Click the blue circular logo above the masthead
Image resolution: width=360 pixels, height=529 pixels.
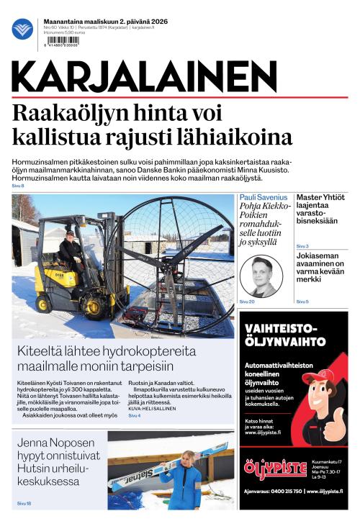pyautogui.click(x=22, y=29)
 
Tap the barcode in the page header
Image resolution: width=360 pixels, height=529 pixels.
pyautogui.click(x=62, y=40)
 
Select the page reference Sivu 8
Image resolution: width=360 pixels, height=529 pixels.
pyautogui.click(x=18, y=186)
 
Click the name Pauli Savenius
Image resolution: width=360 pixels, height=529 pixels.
pyautogui.click(x=263, y=197)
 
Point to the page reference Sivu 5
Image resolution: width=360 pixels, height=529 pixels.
pyautogui.click(x=302, y=301)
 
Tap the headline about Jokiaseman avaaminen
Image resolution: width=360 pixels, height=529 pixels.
pyautogui.click(x=320, y=273)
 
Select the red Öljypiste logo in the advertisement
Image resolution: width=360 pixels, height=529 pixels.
pyautogui.click(x=273, y=469)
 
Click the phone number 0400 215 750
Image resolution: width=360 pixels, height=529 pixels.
pyautogui.click(x=282, y=492)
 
